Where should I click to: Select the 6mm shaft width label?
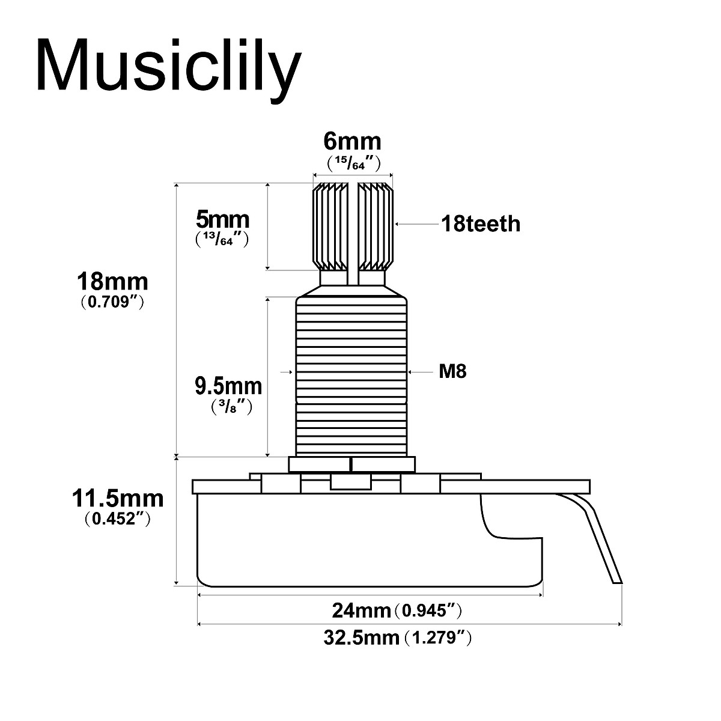pyautogui.click(x=352, y=141)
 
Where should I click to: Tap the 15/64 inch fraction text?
pyautogui.click(x=352, y=163)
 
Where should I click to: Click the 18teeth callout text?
pyautogui.click(x=481, y=224)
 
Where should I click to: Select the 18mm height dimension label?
pyautogui.click(x=112, y=281)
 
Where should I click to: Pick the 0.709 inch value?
pyautogui.click(x=112, y=302)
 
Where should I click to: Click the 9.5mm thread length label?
pyautogui.click(x=228, y=385)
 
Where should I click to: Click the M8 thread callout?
pyautogui.click(x=452, y=372)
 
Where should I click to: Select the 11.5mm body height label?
pyautogui.click(x=117, y=498)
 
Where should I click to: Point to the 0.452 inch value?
pyautogui.click(x=117, y=519)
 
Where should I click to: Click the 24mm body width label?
pyautogui.click(x=362, y=611)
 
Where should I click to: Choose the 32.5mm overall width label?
pyautogui.click(x=361, y=637)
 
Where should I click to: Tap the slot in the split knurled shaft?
pyautogui.click(x=353, y=234)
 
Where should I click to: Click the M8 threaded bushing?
pyautogui.click(x=351, y=373)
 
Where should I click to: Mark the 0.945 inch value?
pyautogui.click(x=431, y=611)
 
